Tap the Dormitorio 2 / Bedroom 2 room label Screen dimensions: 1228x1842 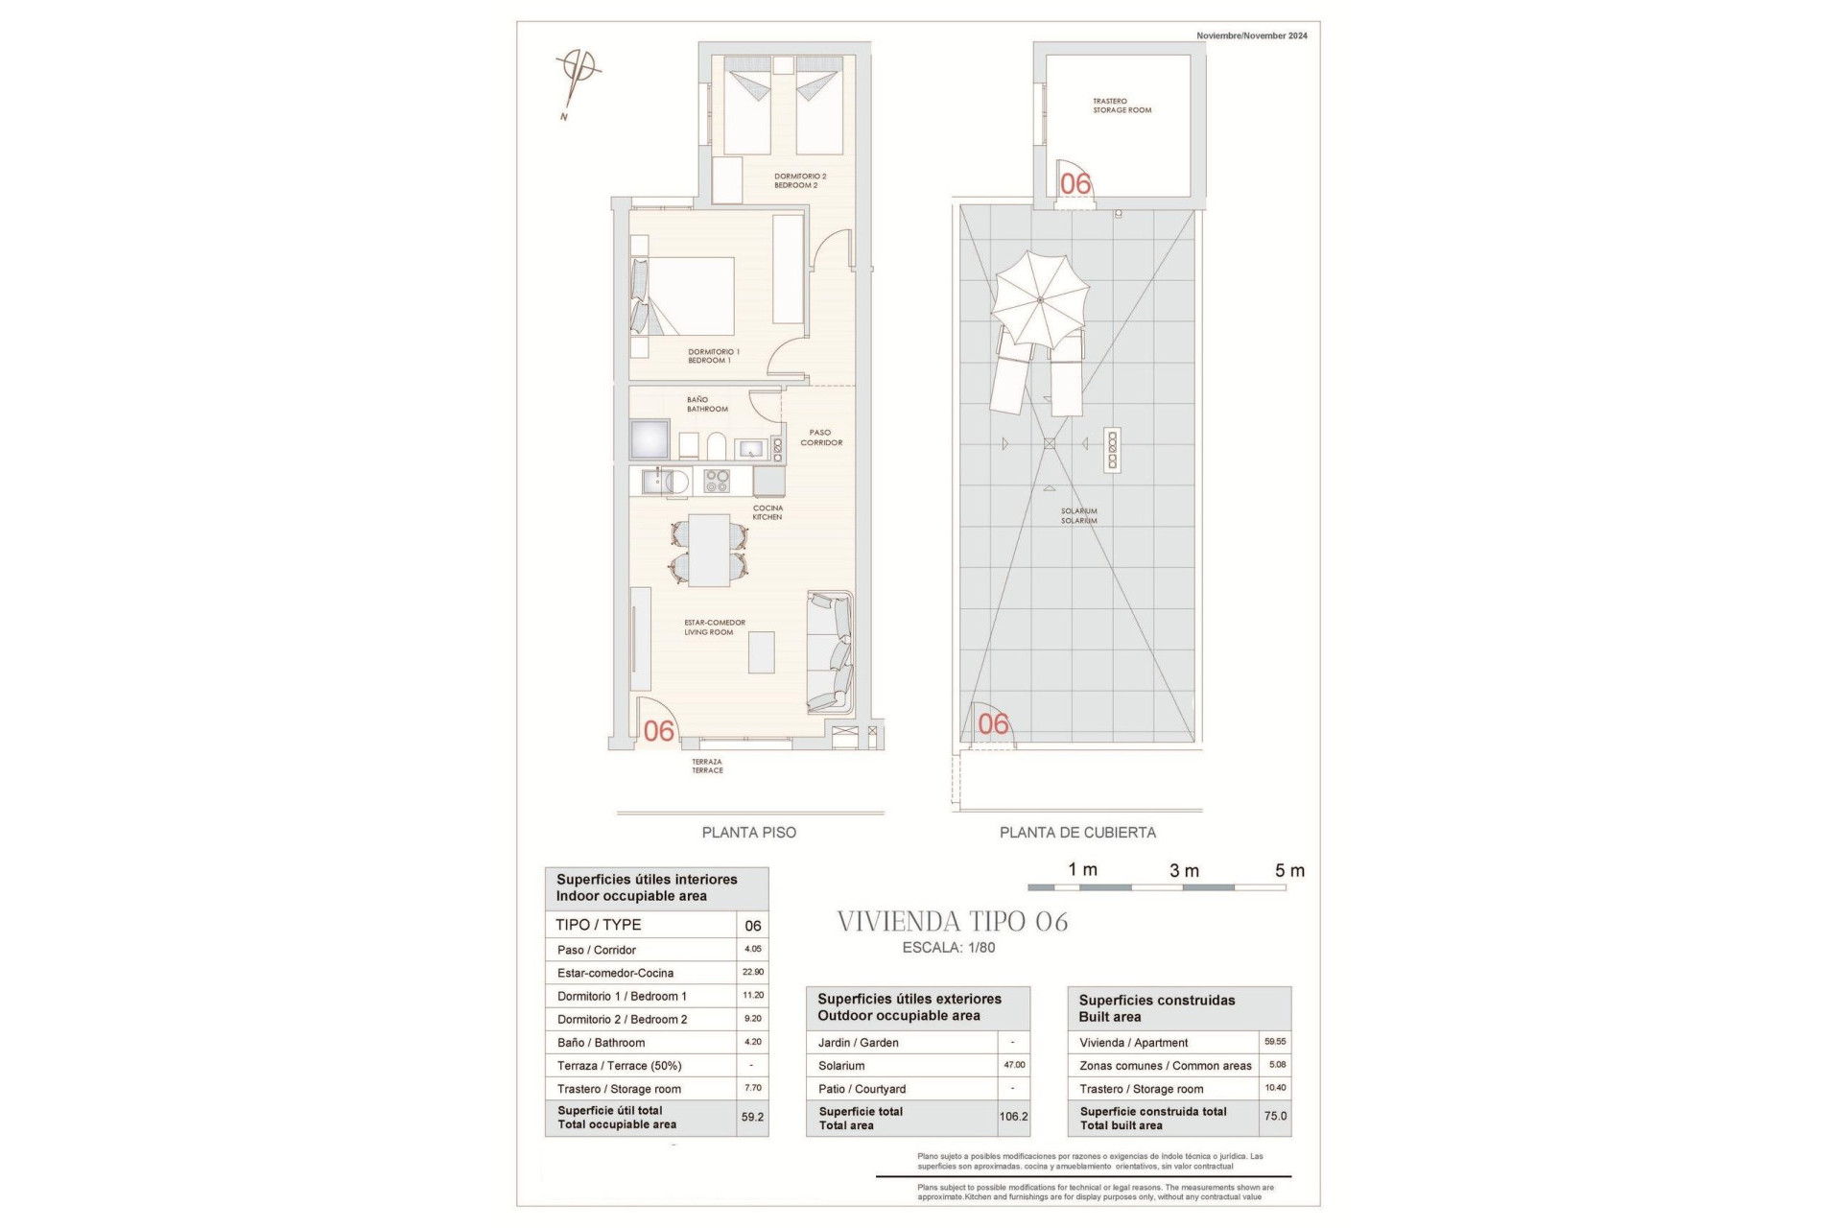point(799,180)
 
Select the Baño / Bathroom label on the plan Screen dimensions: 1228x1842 point(706,404)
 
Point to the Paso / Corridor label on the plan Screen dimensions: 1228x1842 point(821,437)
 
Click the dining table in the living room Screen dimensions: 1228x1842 point(709,550)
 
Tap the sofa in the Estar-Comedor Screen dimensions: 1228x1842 point(830,651)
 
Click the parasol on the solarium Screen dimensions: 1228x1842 point(1040,300)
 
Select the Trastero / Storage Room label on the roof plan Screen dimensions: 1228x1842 point(1122,106)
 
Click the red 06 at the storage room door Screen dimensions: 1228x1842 point(1075,183)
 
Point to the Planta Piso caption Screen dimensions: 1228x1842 point(748,833)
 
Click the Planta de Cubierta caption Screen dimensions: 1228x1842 point(1077,833)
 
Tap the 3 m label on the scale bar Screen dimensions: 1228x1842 point(1184,871)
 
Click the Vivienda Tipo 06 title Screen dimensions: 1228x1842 point(952,922)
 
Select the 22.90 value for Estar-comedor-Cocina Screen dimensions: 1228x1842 point(753,972)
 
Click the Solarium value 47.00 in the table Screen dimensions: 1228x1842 point(1014,1065)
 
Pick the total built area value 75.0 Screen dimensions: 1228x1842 point(1275,1117)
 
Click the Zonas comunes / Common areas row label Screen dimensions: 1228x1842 point(1165,1066)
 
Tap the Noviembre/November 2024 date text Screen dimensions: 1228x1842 point(1251,35)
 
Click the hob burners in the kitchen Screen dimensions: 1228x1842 point(717,481)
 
